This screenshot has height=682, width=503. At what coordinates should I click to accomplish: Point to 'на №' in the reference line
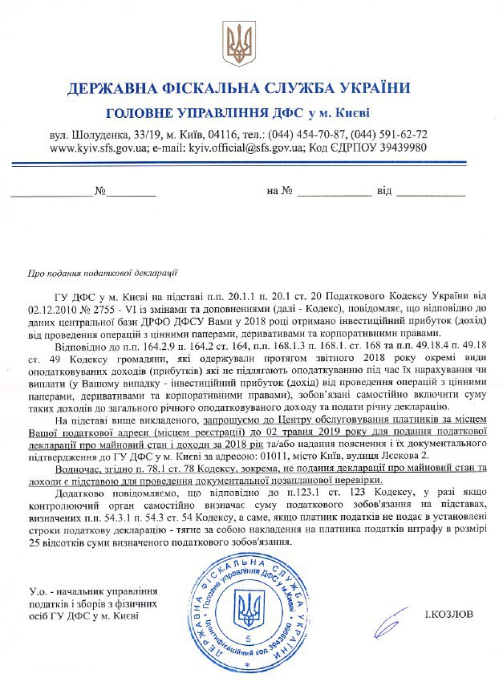[x=278, y=193]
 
